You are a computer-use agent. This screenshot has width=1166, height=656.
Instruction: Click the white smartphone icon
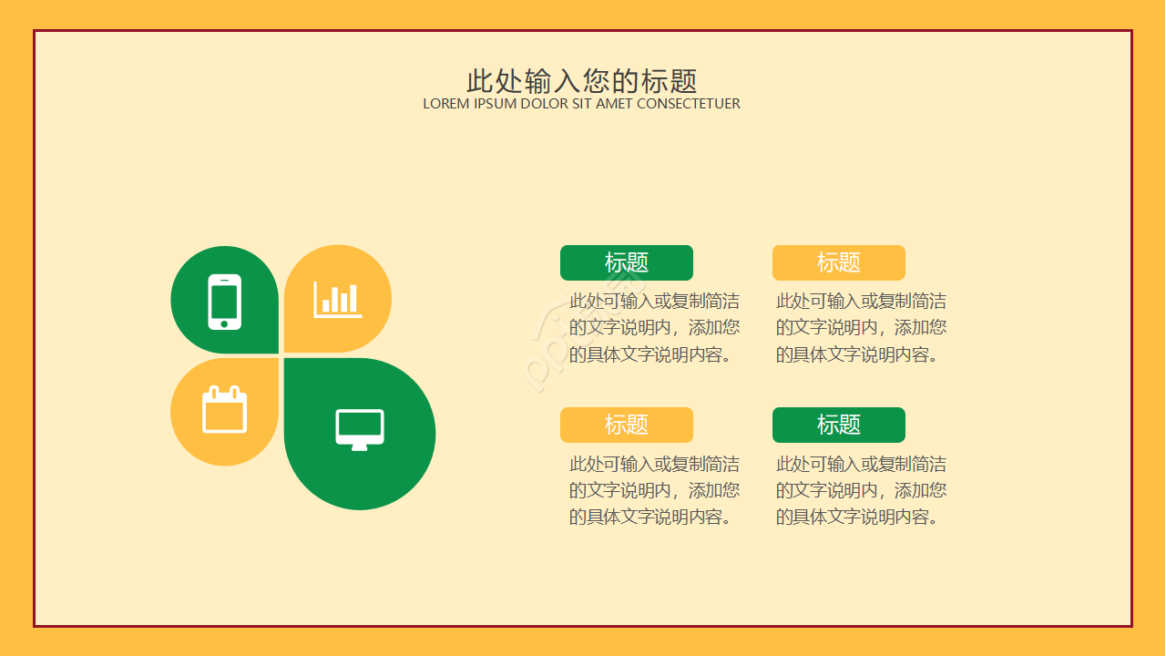point(225,301)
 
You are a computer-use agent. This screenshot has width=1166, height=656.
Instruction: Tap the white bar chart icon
point(338,300)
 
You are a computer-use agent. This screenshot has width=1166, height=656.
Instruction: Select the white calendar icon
point(224,410)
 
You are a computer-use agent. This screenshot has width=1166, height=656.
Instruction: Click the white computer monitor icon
point(360,429)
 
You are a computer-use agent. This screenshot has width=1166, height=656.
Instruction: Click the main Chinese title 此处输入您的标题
point(582,81)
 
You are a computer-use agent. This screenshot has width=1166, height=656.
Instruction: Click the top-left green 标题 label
point(627,263)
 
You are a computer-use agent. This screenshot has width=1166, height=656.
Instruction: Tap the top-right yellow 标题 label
point(839,263)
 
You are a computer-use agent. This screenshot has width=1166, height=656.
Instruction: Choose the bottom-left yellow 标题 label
point(627,425)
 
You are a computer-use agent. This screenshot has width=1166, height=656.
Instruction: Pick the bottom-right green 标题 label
point(839,425)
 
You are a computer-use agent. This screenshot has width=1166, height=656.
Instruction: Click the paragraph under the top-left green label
point(654,328)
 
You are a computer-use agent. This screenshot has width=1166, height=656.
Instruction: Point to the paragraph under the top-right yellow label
point(861,328)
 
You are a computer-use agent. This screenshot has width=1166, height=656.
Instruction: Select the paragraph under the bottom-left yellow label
point(654,490)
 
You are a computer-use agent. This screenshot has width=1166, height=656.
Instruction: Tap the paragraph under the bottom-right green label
point(861,490)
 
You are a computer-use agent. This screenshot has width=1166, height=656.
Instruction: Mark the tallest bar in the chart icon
point(353,299)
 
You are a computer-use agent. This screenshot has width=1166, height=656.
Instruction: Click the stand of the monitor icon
point(360,446)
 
